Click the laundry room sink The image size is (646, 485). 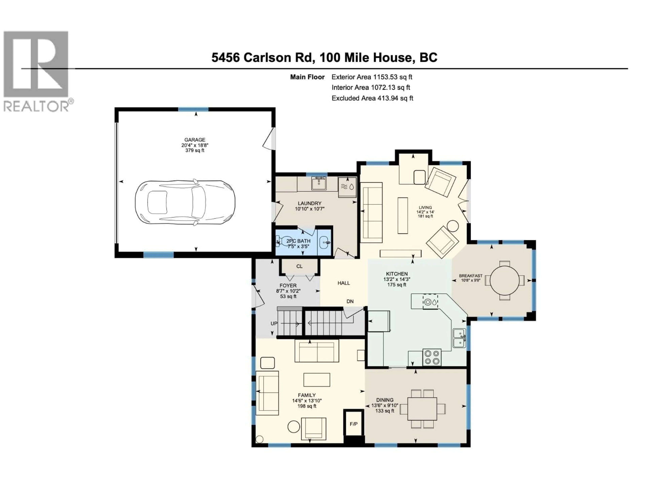319,184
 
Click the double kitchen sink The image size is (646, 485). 459,338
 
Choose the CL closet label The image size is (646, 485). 299,266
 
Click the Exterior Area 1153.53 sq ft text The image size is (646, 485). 372,77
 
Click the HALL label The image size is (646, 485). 344,283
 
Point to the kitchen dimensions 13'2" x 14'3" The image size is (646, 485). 397,279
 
